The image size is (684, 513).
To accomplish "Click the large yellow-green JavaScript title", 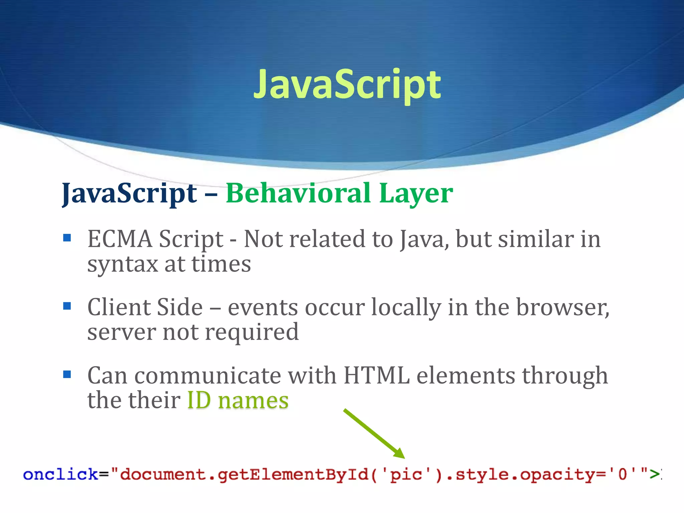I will (x=347, y=84).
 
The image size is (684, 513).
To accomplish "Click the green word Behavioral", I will (x=298, y=193).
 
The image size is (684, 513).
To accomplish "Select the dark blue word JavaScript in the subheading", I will (x=130, y=194).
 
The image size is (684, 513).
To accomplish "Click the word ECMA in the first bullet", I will (x=120, y=239).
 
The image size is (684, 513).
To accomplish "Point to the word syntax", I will (x=123, y=264).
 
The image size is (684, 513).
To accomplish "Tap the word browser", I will (x=562, y=307).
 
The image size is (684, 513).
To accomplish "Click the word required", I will (x=252, y=333).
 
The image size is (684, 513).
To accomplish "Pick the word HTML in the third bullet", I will (x=376, y=376).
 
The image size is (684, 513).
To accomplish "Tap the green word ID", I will (x=199, y=400).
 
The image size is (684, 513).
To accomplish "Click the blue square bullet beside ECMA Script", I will (x=67, y=238).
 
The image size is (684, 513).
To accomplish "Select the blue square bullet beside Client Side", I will (x=67, y=306).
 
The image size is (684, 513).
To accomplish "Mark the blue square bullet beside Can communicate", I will (x=67, y=374).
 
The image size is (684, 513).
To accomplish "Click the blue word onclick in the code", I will (x=60, y=475).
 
